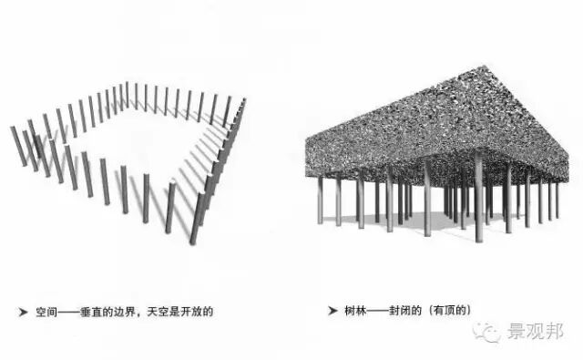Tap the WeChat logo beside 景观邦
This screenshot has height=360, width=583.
pyautogui.click(x=494, y=333)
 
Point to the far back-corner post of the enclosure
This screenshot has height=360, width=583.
pyautogui.click(x=128, y=94)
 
